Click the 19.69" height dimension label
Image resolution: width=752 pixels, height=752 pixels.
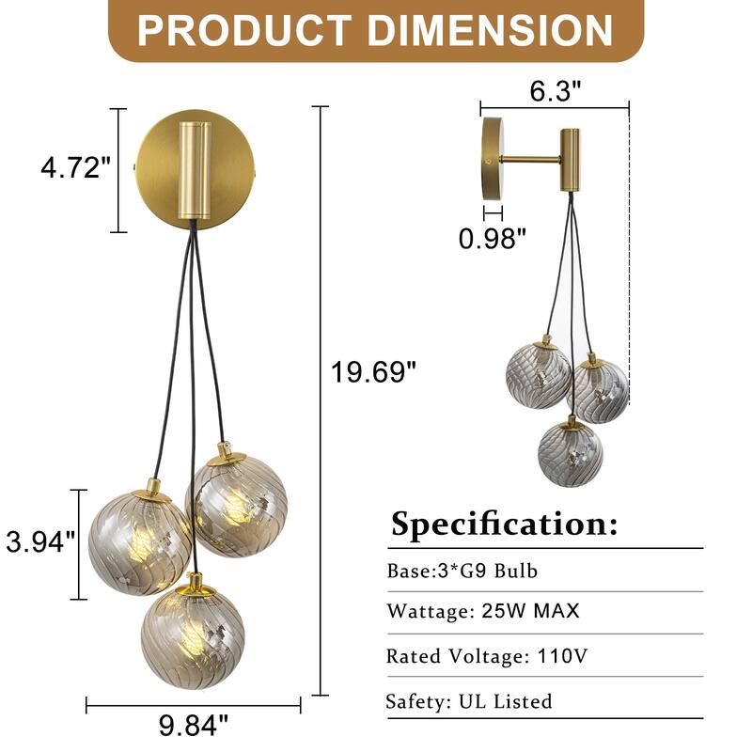(x=372, y=373)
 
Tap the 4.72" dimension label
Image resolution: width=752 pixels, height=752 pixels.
(x=76, y=169)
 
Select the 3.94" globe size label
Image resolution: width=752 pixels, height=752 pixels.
(x=40, y=541)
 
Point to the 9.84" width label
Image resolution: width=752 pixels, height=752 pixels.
(x=191, y=725)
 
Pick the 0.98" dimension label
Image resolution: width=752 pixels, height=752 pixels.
(x=492, y=239)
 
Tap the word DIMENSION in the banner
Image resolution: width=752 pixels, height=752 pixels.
(x=489, y=30)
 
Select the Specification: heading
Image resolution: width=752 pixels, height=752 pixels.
(x=505, y=524)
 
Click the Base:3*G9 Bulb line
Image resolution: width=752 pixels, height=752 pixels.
(x=462, y=571)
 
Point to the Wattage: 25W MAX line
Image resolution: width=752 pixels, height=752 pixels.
(x=483, y=611)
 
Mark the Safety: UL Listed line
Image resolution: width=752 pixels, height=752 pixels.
(x=469, y=700)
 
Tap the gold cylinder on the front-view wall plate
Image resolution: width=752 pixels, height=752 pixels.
(x=193, y=170)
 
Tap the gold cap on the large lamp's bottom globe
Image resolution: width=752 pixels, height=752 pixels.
(x=194, y=583)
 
